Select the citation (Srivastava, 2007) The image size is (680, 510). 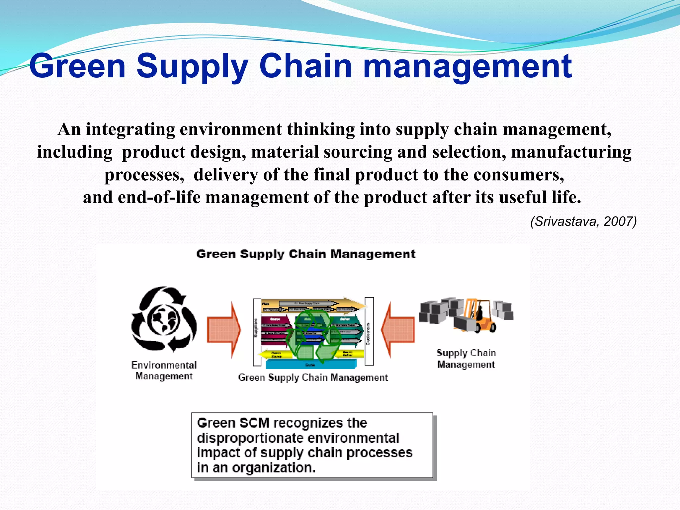click(583, 221)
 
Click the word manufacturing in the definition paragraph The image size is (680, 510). click(571, 152)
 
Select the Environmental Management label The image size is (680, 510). click(164, 370)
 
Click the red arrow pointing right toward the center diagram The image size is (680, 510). click(224, 329)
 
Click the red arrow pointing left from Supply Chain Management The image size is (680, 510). click(398, 329)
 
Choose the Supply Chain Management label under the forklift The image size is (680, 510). click(466, 358)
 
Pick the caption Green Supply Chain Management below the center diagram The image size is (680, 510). click(313, 378)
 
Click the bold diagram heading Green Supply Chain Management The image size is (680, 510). click(306, 254)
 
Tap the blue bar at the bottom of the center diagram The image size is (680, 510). click(311, 365)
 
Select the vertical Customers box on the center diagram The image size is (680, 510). click(369, 331)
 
